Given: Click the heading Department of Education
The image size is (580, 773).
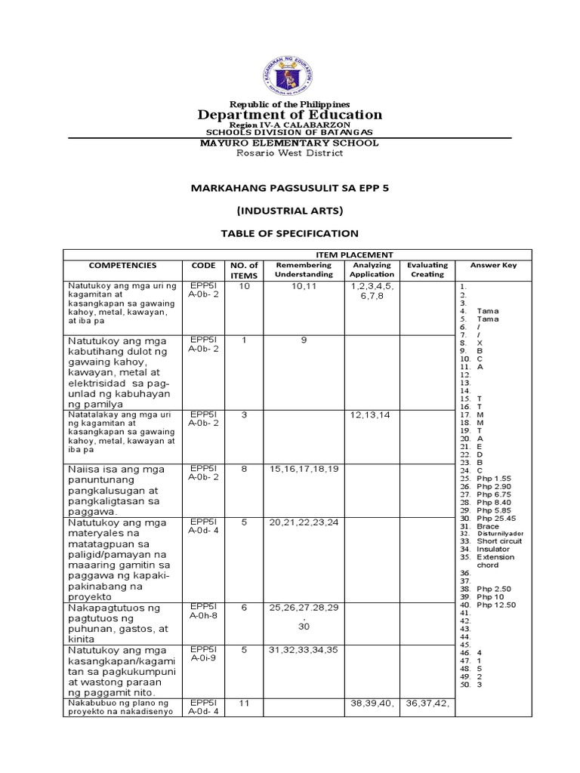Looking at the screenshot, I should coord(290,115).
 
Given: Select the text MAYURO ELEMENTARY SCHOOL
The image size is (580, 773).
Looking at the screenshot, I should coord(290,143).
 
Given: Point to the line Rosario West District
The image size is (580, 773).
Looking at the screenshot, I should coord(290,153).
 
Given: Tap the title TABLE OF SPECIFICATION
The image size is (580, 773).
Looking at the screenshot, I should coord(289,233).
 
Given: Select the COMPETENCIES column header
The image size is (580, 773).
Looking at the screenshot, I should coord(122,266).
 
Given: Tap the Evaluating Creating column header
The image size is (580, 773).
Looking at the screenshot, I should coord(427,270).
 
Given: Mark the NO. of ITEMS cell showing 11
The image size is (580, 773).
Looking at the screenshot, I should coord(243,704).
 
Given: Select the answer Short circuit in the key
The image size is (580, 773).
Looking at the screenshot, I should coord(499,541).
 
